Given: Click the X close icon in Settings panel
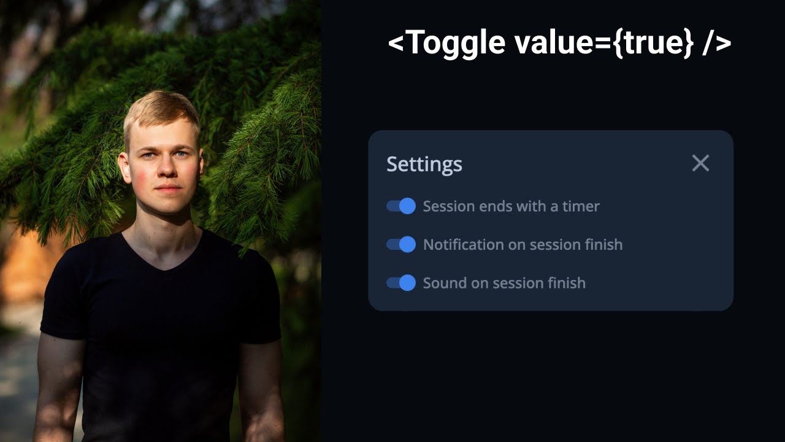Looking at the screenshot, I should pos(700,163).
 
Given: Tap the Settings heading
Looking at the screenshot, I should pos(424,165).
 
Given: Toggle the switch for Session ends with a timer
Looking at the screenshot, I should pos(401,206).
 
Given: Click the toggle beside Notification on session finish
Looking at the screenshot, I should pos(401,245).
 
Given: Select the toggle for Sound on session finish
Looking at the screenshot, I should pos(401,283).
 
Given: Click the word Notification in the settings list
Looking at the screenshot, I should pos(464,245).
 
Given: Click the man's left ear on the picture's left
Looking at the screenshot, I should pos(124,166).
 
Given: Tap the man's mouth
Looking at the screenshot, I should pos(169,188).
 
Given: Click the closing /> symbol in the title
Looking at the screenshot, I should pos(717,43).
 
